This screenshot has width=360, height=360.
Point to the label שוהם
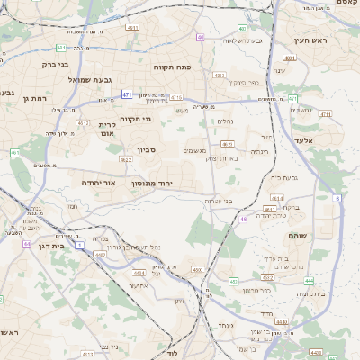click(297, 236)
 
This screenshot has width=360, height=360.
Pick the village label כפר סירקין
click(241, 83)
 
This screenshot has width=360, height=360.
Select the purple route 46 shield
click(243, 219)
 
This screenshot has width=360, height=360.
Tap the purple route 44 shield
click(27, 244)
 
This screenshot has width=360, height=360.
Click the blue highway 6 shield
click(337, 197)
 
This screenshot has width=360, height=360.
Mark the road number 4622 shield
click(125, 159)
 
